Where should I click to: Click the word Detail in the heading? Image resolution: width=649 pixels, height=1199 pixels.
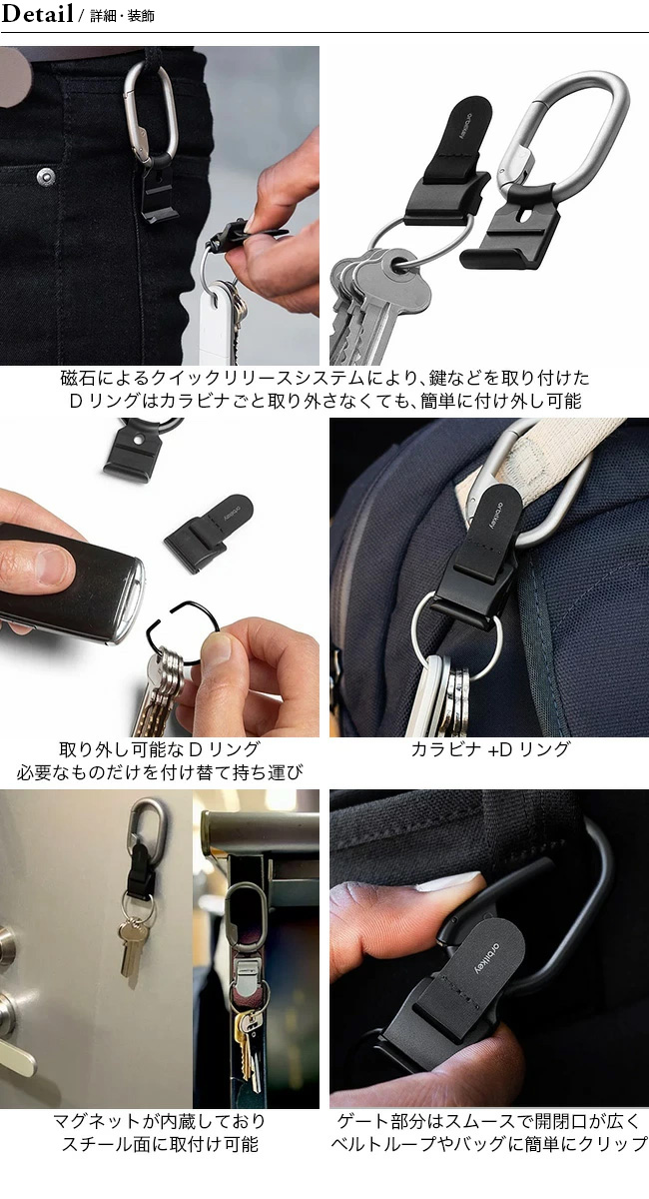tap(38, 13)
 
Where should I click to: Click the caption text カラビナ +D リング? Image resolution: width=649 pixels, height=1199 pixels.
tap(490, 749)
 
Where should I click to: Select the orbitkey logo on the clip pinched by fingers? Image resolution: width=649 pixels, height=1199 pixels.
tap(487, 957)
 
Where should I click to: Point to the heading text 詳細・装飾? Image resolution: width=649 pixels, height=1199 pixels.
tap(122, 16)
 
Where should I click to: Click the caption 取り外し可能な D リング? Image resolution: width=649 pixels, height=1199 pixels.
tap(160, 749)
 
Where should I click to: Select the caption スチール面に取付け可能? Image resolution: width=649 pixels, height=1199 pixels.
tap(160, 1144)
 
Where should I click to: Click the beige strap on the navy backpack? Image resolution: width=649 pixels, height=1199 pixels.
tap(540, 471)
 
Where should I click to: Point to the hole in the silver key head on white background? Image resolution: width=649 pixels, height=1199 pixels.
tap(399, 264)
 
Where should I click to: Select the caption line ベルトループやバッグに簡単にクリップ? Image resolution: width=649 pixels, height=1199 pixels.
tap(489, 1144)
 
